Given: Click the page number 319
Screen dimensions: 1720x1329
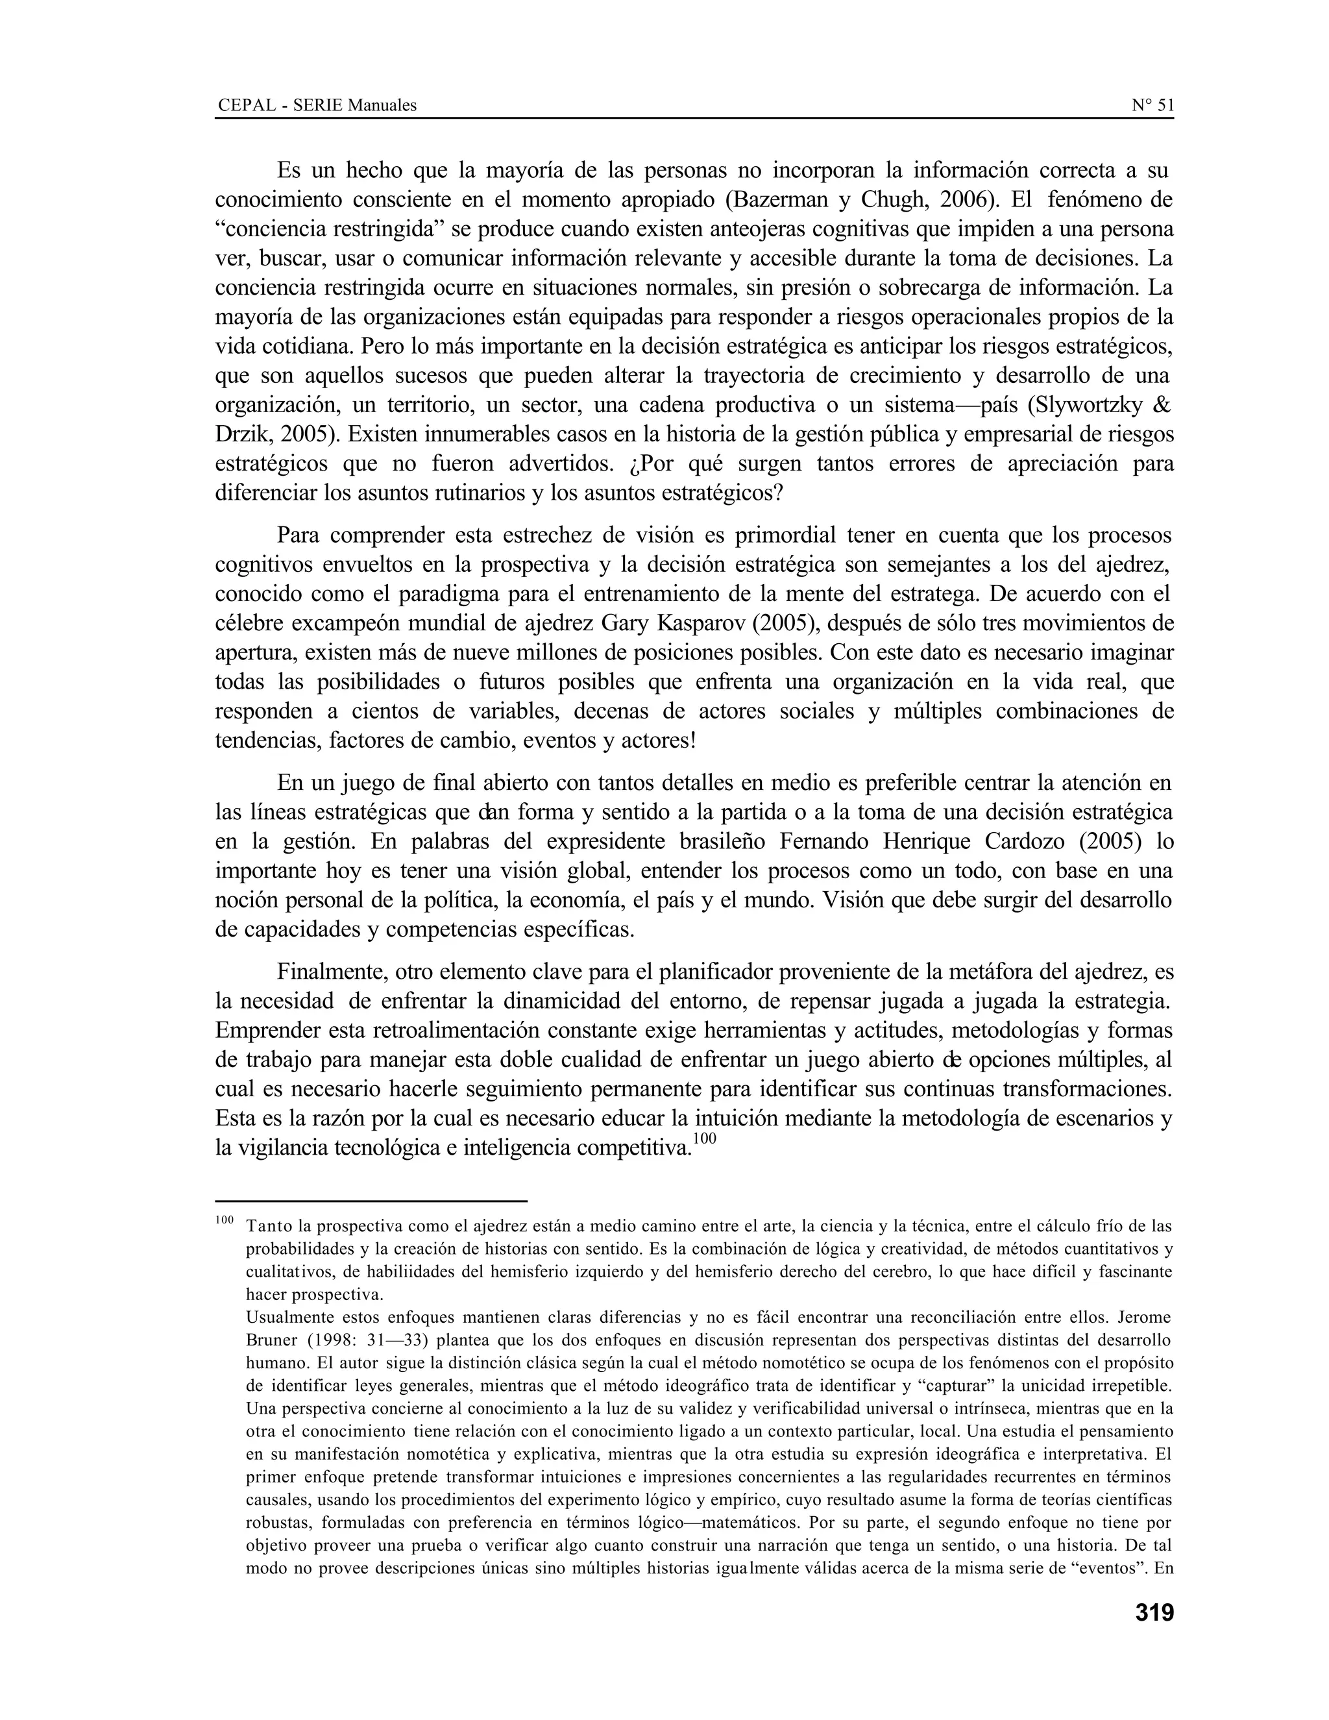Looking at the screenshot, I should point(1153,1613).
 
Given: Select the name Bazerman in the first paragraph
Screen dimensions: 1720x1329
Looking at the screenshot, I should point(779,200).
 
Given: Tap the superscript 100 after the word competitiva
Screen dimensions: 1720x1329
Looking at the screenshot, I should point(705,1139).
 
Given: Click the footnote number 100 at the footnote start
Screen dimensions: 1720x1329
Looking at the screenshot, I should point(225,1221).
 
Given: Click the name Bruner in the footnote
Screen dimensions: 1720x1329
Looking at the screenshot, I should point(273,1340).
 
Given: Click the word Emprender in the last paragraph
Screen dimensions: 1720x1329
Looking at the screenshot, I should point(267,1031).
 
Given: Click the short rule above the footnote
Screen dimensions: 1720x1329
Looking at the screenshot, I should point(370,1201).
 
